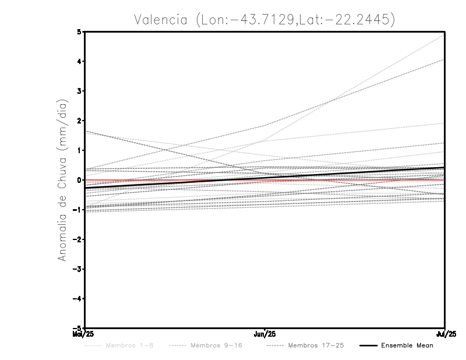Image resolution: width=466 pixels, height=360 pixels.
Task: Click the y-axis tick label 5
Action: (79, 31)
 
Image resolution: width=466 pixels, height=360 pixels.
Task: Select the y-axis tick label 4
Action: (79, 61)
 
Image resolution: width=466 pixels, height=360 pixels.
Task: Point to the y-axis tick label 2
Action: (79, 121)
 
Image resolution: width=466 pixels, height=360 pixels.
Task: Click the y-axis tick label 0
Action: (79, 180)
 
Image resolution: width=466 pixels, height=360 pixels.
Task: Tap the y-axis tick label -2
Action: (78, 239)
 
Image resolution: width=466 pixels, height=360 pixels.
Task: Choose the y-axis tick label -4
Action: (78, 298)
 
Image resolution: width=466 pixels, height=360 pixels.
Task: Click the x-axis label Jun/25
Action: (265, 334)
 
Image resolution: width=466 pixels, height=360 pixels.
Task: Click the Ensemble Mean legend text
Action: (407, 345)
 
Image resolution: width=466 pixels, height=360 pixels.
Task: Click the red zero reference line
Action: (379, 180)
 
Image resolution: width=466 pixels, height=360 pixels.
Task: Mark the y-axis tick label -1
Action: (78, 210)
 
